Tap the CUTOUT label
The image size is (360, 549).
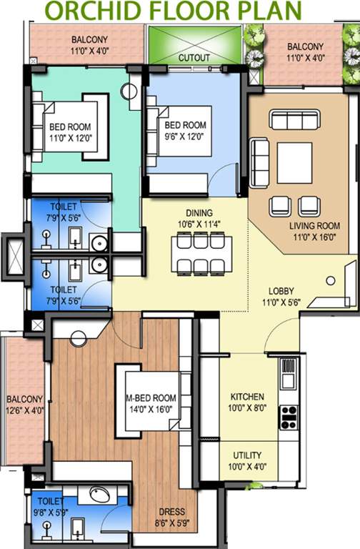click(x=194, y=56)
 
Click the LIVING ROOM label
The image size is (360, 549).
click(x=314, y=226)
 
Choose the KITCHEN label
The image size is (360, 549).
click(x=247, y=397)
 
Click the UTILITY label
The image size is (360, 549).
click(x=246, y=455)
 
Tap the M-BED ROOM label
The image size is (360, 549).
click(x=151, y=397)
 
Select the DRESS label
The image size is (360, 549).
click(x=172, y=512)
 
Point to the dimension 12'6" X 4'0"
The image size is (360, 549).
click(x=25, y=410)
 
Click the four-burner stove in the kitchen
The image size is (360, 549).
click(x=288, y=415)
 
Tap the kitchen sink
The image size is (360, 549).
click(x=288, y=371)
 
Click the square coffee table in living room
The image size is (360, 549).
click(x=294, y=163)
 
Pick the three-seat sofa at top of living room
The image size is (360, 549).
click(x=294, y=120)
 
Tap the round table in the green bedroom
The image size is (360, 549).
click(x=128, y=91)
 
